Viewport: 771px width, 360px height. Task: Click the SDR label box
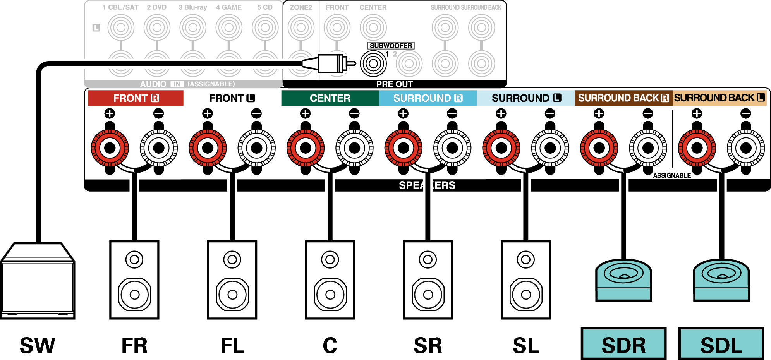pos(623,344)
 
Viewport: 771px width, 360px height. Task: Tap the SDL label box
pos(721,344)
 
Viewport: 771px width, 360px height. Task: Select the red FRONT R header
pos(136,98)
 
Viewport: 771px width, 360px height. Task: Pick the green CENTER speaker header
pos(330,98)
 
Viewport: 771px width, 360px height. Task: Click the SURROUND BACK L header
pos(719,98)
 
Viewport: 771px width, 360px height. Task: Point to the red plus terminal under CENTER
pos(306,148)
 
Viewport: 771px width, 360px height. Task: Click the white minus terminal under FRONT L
pos(256,148)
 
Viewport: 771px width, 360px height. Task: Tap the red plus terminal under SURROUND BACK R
pos(599,148)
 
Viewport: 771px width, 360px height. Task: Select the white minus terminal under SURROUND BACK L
pos(746,148)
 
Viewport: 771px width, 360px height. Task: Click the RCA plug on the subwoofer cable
pos(329,63)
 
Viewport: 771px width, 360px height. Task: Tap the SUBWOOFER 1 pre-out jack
pos(373,63)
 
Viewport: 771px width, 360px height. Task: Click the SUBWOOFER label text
pos(391,46)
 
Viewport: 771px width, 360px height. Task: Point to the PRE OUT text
pos(395,84)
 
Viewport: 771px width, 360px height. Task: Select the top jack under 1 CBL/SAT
pos(121,27)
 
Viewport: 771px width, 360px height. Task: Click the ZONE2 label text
pos(301,7)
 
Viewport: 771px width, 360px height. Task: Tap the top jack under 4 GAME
pos(229,27)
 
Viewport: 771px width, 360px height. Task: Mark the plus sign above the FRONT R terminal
pos(110,113)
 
